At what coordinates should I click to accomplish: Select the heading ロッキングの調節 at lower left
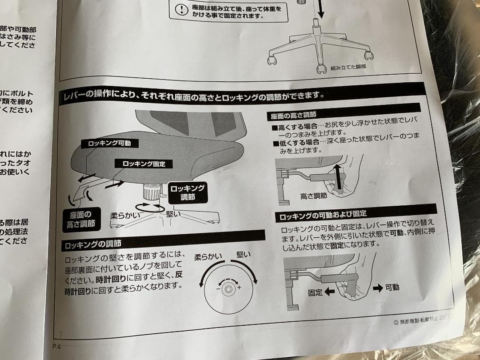93,244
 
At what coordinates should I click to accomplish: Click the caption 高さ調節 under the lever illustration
313,195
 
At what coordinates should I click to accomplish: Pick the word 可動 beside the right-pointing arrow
392,288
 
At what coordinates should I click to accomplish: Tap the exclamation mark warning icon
181,10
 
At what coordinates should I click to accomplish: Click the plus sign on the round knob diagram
239,288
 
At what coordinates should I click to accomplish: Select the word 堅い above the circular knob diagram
243,255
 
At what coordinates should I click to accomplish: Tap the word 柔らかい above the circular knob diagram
209,257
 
